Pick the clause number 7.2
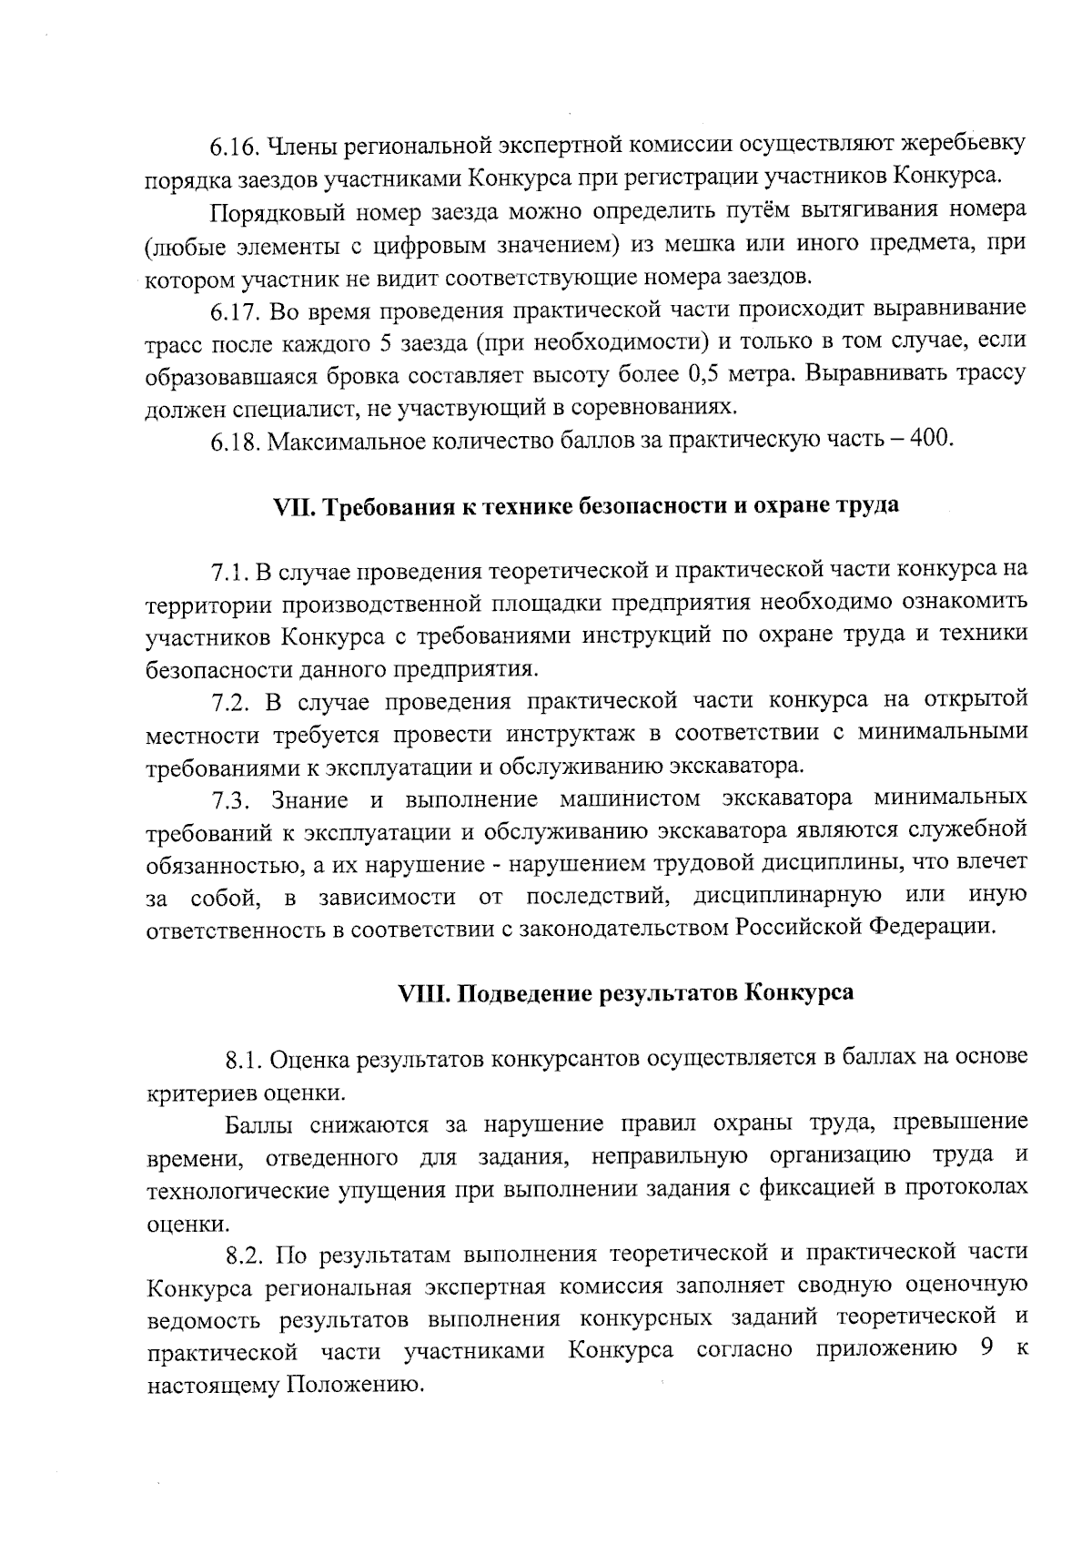click(231, 701)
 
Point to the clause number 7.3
click(231, 799)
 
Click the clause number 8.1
click(246, 1060)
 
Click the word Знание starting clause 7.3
click(309, 799)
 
